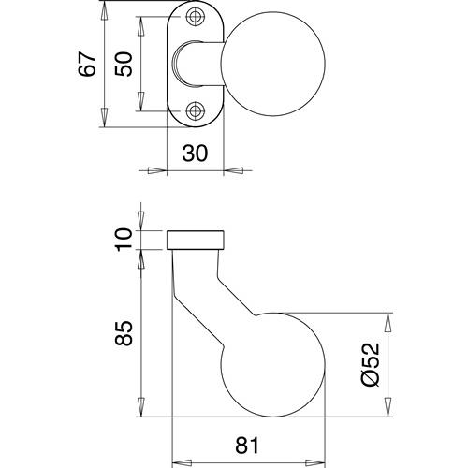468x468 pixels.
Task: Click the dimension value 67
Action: coord(87,65)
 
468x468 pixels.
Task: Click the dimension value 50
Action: coord(124,65)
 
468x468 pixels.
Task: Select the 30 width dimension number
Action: coord(195,154)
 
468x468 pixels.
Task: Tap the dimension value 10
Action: coord(124,240)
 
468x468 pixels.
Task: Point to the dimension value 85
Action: coord(124,333)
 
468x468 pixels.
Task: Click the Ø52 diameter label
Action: coord(371,364)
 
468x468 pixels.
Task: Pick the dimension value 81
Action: coord(247,446)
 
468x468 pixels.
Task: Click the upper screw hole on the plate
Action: coord(195,17)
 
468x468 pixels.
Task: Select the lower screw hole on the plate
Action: coord(195,110)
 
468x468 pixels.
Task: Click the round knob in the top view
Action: coord(273,64)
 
